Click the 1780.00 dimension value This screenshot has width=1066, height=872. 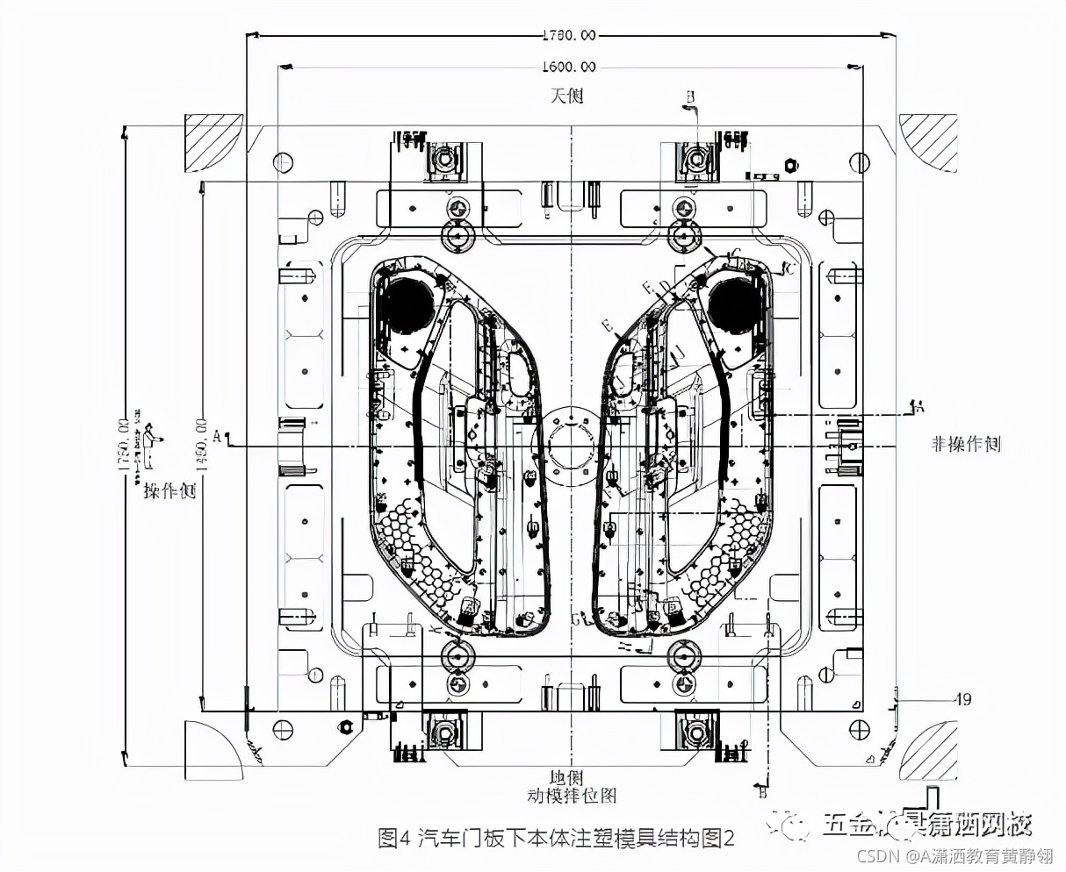coord(569,35)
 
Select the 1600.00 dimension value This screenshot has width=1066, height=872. coord(569,67)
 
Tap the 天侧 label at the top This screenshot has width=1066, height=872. coord(567,95)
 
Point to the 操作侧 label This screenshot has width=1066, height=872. coord(169,491)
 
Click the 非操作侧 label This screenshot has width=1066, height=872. coord(966,444)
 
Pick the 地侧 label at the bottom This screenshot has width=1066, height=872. coord(566,777)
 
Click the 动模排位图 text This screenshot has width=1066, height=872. coord(572,796)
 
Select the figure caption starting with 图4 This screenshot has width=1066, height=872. coord(556,839)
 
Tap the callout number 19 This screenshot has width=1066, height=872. coord(963,699)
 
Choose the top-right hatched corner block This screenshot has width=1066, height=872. coord(929,143)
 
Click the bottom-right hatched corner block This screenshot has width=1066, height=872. coord(929,750)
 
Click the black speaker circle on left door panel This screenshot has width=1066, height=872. coord(407,303)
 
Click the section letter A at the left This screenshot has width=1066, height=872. coord(217,434)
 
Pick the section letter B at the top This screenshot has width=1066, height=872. coord(690,96)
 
